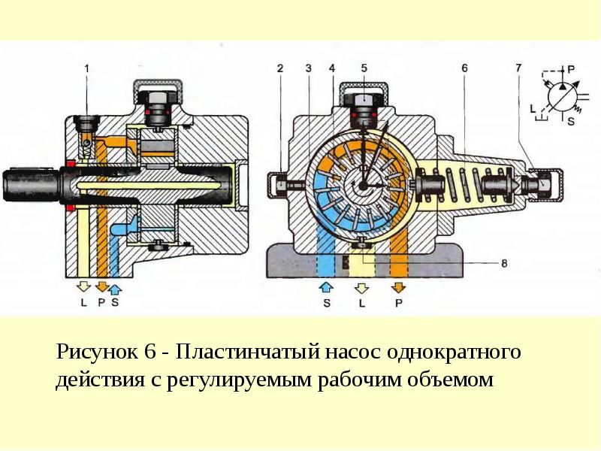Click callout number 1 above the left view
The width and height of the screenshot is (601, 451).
click(x=87, y=68)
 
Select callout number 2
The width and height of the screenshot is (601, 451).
click(x=280, y=68)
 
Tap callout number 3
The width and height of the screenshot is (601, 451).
click(x=309, y=68)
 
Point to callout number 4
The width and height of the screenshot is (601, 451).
click(x=332, y=68)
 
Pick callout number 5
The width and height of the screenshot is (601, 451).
click(x=364, y=68)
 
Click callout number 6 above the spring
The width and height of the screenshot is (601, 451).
click(x=464, y=68)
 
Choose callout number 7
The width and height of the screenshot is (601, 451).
click(x=518, y=68)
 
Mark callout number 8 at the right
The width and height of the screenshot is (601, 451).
click(x=504, y=264)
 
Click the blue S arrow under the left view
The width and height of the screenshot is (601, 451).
click(x=116, y=289)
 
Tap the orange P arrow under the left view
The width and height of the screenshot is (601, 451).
click(x=101, y=286)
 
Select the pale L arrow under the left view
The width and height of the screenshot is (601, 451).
click(x=83, y=286)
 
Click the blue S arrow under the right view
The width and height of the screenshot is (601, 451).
click(x=326, y=287)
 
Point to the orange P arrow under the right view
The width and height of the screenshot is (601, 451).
click(x=399, y=287)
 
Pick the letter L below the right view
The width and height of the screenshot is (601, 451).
click(x=362, y=304)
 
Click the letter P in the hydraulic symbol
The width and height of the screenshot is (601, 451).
click(x=571, y=69)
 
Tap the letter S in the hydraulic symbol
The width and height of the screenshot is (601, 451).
click(x=571, y=121)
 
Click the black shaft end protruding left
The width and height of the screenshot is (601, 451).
click(x=32, y=185)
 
